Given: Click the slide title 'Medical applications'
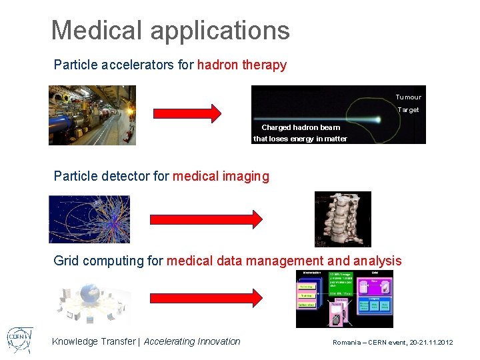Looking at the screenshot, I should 170,30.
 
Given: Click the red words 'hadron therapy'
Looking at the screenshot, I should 242,65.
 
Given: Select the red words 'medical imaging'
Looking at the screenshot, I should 221,177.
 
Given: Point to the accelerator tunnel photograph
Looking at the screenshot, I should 92,115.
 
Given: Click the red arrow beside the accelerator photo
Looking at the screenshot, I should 193,113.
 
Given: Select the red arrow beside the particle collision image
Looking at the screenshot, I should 206,219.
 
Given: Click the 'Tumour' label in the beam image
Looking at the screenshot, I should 408,97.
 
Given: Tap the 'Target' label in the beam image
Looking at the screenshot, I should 408,110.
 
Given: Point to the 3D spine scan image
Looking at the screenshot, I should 342,219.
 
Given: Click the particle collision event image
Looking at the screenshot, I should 89,219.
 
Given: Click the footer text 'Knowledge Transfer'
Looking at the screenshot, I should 93,341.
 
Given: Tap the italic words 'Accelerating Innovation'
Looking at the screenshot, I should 192,341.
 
